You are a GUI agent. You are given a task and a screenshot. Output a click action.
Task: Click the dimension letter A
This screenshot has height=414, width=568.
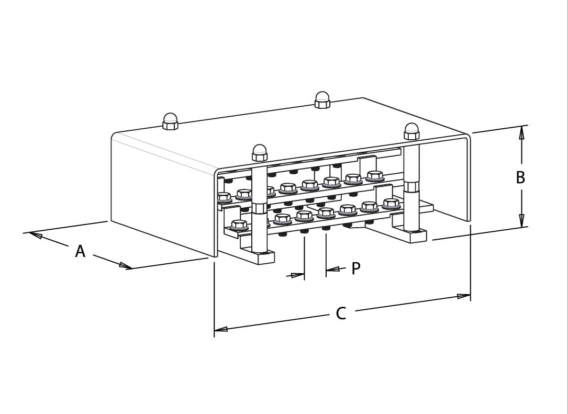pos(81,251)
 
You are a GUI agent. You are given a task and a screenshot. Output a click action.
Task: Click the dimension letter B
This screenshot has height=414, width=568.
pos(520,177)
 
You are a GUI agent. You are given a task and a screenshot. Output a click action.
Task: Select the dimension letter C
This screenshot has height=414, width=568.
pos(341,314)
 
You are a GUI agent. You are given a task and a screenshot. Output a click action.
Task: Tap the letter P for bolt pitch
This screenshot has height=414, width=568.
pos(356,268)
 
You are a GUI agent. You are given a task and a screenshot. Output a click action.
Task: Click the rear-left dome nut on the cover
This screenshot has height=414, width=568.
pos(170,121)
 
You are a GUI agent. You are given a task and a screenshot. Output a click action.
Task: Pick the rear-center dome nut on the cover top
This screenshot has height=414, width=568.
pos(322,100)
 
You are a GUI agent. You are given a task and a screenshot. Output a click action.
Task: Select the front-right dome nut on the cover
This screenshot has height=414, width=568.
pos(411,131)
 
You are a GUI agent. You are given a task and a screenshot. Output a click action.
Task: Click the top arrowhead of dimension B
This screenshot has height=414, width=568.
pos(521,132)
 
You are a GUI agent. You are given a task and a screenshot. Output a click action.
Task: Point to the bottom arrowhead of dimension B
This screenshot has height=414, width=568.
pos(521,220)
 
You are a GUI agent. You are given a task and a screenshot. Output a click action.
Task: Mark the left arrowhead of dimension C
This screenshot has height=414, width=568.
pos(221,329)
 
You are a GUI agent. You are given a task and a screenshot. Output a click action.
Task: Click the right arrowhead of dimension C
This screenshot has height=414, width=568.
pos(464,296)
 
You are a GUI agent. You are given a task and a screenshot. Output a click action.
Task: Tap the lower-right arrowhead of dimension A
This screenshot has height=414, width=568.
pos(125,265)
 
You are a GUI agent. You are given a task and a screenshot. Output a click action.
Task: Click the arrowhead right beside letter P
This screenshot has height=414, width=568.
pos(333,269)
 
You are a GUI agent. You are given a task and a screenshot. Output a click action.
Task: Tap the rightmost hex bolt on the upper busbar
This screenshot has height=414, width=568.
pos(375,176)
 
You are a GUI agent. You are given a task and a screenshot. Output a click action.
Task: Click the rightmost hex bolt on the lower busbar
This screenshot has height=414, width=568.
pos(391,204)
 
